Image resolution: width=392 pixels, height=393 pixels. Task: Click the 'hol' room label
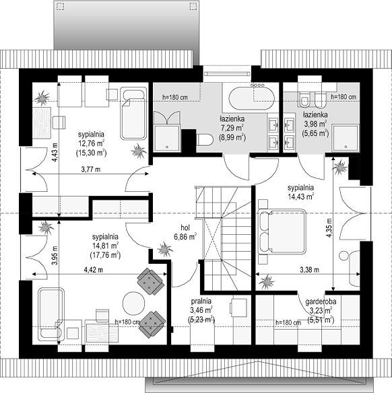point(185,228)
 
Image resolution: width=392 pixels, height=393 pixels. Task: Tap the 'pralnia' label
point(201,301)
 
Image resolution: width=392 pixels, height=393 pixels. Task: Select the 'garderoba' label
point(321,301)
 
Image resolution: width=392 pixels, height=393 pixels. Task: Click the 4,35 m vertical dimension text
point(329,227)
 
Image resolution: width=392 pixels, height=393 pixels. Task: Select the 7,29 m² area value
point(232,128)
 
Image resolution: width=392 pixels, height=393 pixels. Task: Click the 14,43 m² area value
point(300,196)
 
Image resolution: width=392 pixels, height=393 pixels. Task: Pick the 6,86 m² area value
point(185,237)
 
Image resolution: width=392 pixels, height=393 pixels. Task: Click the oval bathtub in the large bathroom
point(251,98)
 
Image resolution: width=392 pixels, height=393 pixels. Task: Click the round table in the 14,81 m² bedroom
point(133,303)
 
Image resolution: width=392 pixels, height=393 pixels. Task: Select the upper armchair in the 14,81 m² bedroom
point(151,281)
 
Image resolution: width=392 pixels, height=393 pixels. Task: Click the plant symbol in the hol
point(165,249)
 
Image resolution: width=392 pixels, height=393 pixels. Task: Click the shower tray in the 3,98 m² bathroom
point(346,139)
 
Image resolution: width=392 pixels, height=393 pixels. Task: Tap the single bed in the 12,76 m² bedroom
point(133,113)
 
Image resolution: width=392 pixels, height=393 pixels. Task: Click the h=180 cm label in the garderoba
point(288,323)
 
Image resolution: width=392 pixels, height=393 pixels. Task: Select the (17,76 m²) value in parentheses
point(105,256)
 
